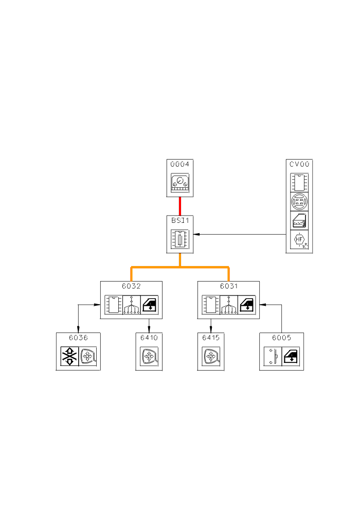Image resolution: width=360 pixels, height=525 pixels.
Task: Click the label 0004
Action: pyautogui.click(x=180, y=164)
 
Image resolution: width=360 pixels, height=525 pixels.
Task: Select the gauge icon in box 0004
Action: pyautogui.click(x=180, y=183)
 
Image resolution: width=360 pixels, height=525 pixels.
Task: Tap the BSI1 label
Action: pyautogui.click(x=180, y=220)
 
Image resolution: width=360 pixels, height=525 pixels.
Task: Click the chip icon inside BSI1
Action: pyautogui.click(x=180, y=239)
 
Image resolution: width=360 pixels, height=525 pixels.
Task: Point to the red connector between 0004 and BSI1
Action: pyautogui.click(x=180, y=206)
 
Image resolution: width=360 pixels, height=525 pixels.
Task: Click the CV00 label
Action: pyautogui.click(x=300, y=164)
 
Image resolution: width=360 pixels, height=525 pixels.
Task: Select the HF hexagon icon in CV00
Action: pyautogui.click(x=300, y=240)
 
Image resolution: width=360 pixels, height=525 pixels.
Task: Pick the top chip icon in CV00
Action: pyautogui.click(x=300, y=183)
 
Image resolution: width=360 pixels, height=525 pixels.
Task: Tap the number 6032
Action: pyautogui.click(x=131, y=286)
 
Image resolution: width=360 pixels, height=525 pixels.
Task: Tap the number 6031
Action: pyautogui.click(x=229, y=286)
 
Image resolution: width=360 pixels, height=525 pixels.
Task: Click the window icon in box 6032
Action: pyautogui.click(x=150, y=305)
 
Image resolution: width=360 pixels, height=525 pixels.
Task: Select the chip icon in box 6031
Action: pyautogui.click(x=209, y=305)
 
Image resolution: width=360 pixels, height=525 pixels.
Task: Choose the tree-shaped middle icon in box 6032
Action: pyautogui.click(x=132, y=305)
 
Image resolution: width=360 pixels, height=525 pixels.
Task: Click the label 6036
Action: pyautogui.click(x=78, y=338)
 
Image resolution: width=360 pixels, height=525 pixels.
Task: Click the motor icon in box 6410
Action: pyautogui.click(x=149, y=356)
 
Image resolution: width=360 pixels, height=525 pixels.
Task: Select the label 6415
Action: pyautogui.click(x=211, y=338)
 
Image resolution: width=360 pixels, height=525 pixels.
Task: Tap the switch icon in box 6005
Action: pyautogui.click(x=273, y=356)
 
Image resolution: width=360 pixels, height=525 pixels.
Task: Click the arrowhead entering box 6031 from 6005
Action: pyautogui.click(x=262, y=304)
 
